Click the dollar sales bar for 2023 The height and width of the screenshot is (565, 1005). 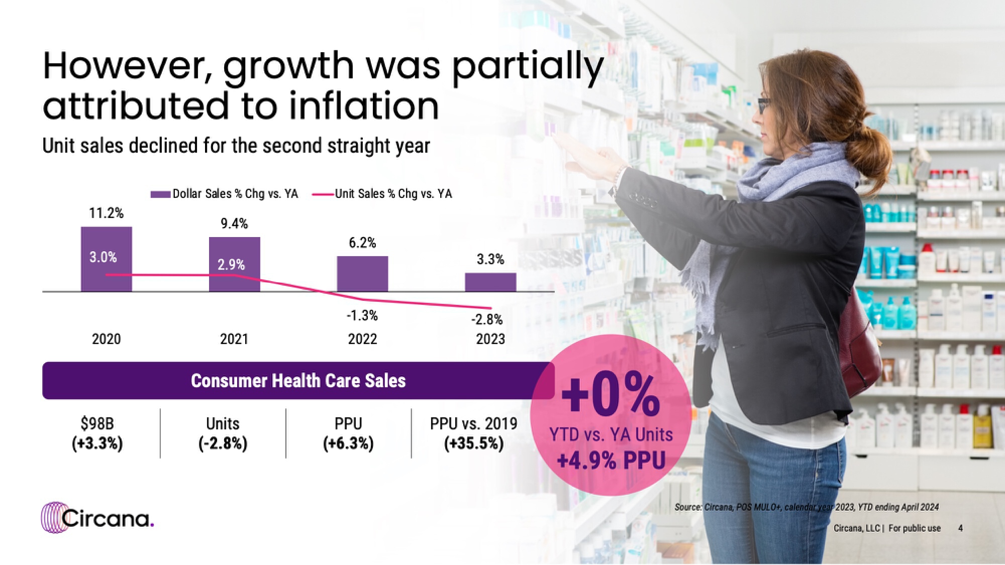490,282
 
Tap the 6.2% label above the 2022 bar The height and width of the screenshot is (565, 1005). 362,243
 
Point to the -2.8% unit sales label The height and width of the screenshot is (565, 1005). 486,319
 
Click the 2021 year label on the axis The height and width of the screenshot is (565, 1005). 234,339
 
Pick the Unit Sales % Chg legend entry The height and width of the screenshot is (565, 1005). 382,194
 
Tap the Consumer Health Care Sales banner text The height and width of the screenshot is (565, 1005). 298,381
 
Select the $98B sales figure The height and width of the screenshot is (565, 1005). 97,423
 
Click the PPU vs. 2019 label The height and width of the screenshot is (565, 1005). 473,423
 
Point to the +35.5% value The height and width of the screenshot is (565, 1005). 473,443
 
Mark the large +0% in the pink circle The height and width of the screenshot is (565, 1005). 611,395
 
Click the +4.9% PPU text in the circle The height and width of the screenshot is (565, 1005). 611,461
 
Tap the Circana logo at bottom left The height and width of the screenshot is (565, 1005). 97,518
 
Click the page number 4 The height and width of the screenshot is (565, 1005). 960,528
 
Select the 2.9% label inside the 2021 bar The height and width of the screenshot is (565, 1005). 231,265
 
